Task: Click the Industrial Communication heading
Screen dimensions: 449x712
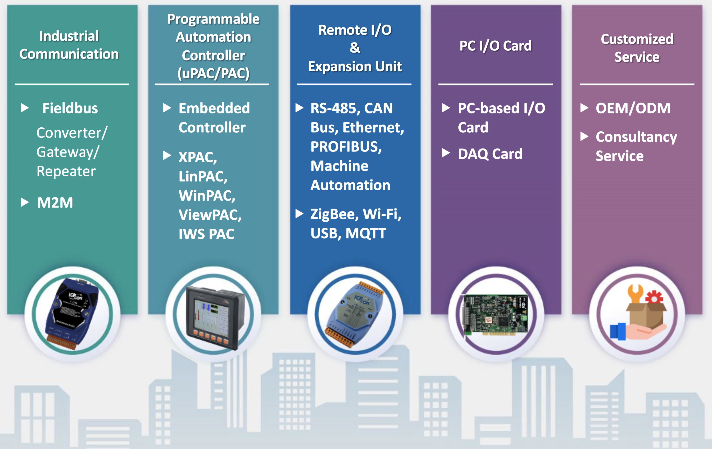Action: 69,45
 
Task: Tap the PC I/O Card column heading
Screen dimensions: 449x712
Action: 495,46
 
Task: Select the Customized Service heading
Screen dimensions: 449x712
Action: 637,48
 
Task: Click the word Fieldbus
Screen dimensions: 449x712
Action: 70,108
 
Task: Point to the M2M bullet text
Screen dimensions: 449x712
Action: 55,202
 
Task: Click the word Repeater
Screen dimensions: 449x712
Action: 66,171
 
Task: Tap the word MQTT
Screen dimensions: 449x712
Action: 366,233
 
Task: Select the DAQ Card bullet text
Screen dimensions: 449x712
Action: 490,154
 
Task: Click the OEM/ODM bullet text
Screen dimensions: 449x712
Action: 633,108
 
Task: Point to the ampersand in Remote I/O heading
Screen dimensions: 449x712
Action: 355,48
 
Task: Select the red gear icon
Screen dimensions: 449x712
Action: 654,298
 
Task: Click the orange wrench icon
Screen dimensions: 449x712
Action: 636,293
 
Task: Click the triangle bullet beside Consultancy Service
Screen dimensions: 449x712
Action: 584,136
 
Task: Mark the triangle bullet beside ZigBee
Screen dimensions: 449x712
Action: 299,214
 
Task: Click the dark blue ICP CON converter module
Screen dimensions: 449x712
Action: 72,314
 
